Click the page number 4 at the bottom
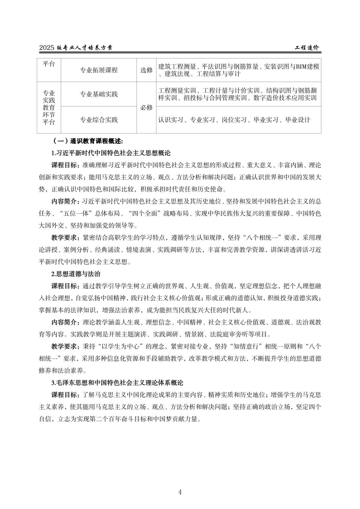[180, 491]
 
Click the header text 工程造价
[307, 47]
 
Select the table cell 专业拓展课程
[99, 70]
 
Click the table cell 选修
[146, 70]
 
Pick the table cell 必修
[146, 108]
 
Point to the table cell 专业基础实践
[99, 94]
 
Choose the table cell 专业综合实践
[99, 120]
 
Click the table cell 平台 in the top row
[49, 64]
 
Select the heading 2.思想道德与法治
[76, 273]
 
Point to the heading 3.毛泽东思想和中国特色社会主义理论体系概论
[117, 382]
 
